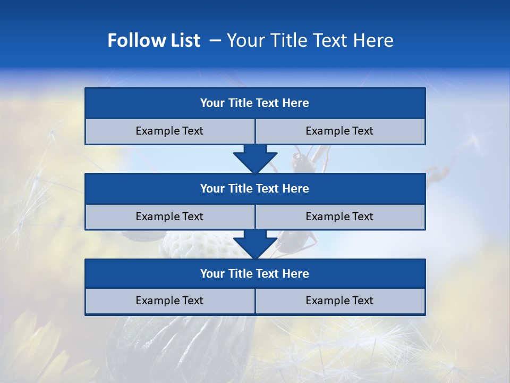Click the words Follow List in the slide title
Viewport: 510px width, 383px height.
(154, 40)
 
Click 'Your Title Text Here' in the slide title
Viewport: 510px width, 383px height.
(310, 40)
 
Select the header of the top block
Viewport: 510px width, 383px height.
(254, 103)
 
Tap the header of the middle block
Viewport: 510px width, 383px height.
(254, 188)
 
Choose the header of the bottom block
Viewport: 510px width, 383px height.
(254, 273)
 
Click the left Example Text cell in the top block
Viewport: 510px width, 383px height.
(169, 131)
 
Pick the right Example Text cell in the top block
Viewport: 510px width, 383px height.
(339, 131)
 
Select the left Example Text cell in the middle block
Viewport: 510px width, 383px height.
(169, 217)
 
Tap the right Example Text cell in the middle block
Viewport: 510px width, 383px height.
(339, 217)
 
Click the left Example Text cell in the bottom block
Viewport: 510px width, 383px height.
(169, 301)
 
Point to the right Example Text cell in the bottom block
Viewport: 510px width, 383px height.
(339, 301)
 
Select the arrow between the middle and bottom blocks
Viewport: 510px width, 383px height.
(255, 244)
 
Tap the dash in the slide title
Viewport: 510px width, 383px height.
(215, 40)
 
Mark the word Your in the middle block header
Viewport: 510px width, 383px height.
(212, 188)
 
